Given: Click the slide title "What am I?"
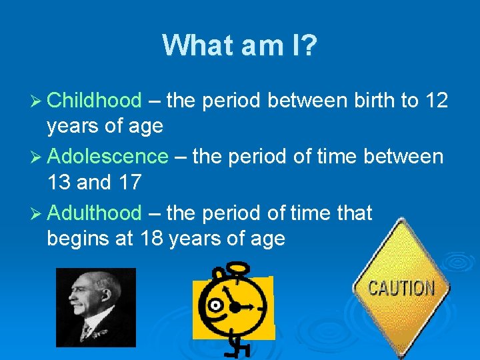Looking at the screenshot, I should [240, 45].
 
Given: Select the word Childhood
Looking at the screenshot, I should [95, 101].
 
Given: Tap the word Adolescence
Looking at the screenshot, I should [108, 157].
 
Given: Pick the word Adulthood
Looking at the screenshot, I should [95, 213].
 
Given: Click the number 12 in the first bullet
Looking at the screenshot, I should [436, 101].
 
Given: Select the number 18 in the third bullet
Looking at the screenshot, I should [153, 237].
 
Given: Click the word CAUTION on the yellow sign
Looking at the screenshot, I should [401, 289].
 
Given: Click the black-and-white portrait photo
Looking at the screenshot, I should [95, 307].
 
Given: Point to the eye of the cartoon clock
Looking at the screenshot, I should [215, 306].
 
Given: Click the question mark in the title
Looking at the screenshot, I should [309, 45].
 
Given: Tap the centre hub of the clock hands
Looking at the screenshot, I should [235, 307].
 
